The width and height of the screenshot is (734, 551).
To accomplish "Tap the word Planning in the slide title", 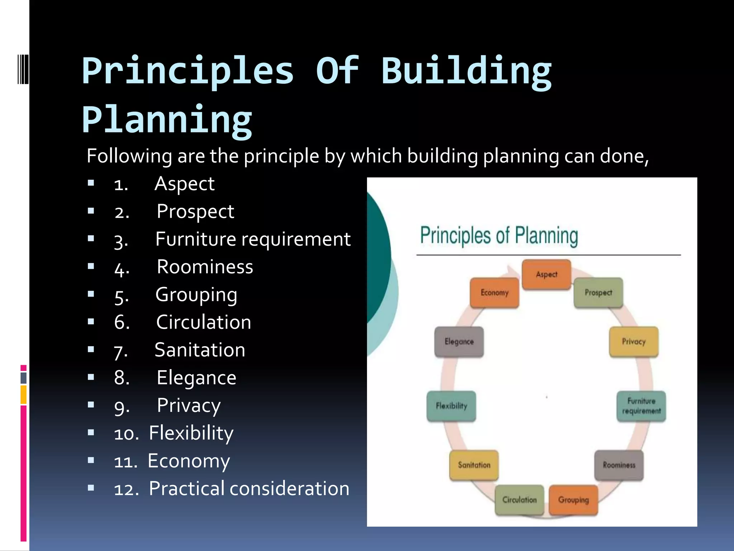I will click(167, 120).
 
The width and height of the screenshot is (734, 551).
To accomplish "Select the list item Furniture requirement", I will click(253, 239).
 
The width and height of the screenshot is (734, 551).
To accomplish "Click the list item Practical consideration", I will click(249, 489).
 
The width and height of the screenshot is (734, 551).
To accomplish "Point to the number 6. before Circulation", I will click(122, 322).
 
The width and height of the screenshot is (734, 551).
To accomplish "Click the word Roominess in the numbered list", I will click(205, 267).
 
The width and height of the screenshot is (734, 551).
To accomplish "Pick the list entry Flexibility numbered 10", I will click(191, 433).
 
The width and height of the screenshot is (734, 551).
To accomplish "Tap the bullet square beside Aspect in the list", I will click(91, 183).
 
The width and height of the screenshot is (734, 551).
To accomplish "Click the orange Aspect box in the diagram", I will click(546, 274).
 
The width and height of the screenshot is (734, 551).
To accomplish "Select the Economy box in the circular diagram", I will click(494, 293).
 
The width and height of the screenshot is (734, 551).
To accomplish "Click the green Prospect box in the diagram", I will click(598, 293).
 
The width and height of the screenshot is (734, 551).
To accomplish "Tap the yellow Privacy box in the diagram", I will click(633, 342).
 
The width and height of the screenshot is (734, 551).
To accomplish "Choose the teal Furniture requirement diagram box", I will click(641, 406).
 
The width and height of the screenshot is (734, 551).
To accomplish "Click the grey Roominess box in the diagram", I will click(619, 465).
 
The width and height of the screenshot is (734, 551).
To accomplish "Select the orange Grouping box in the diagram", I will click(573, 500).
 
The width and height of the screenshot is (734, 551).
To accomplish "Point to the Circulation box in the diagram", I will click(519, 500).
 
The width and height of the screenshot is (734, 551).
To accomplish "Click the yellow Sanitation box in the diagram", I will click(474, 465).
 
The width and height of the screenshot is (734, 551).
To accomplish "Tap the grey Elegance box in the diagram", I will click(459, 342).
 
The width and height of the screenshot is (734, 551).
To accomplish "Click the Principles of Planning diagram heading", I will click(499, 236).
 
